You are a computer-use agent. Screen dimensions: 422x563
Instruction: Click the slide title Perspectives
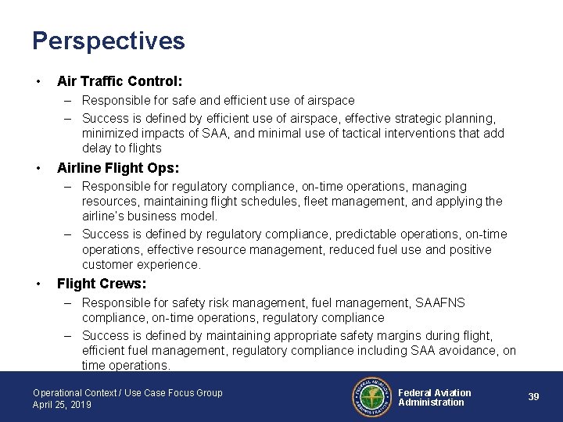pos(109,41)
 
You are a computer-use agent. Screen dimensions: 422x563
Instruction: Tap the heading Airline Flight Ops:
pos(118,167)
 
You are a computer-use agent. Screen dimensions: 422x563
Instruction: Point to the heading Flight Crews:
pos(102,284)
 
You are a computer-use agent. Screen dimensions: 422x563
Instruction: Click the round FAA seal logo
pos(371,397)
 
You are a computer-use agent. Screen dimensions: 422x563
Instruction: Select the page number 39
pos(533,397)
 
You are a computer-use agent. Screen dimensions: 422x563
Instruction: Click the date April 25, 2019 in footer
pos(62,405)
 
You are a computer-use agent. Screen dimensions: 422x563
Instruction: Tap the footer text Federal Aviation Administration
pos(435,397)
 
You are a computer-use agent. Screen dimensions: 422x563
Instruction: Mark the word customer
pos(108,265)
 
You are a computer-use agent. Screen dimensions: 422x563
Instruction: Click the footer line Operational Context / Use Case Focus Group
pos(127,392)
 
